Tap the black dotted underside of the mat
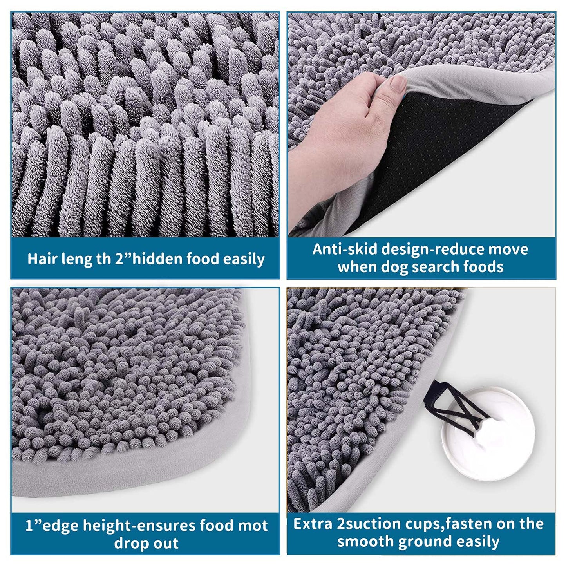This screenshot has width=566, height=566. [x=441, y=153]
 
